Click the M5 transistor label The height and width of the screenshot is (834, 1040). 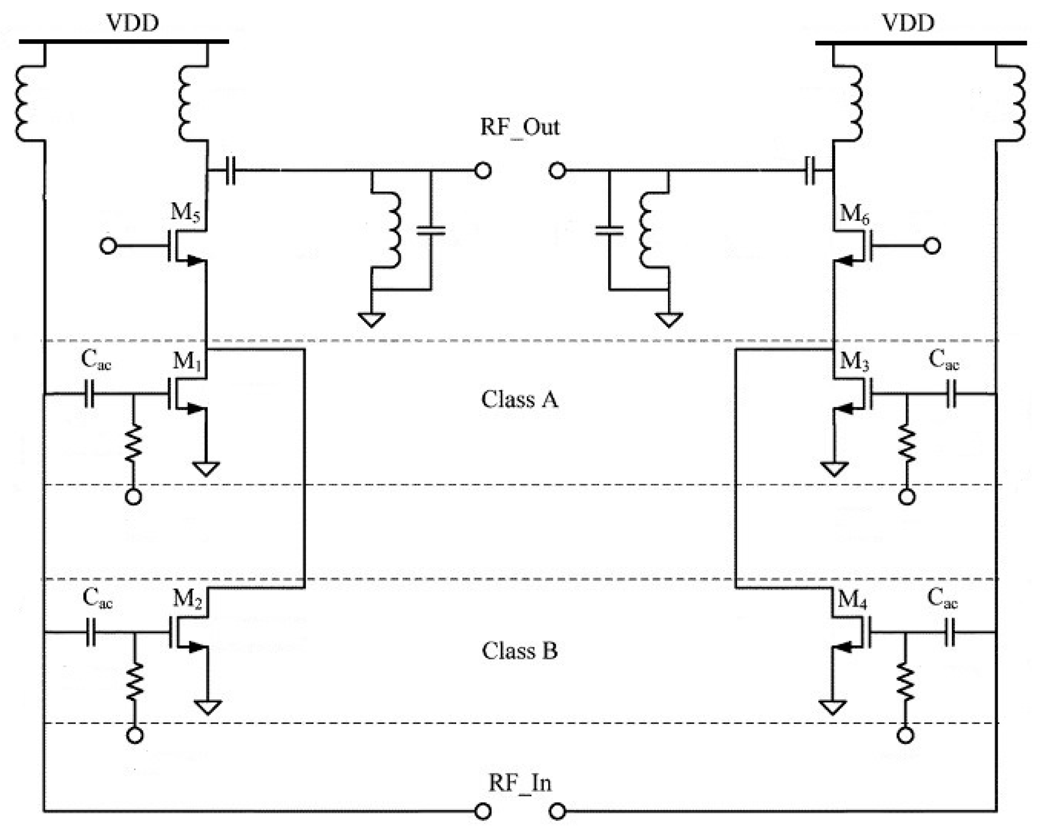click(185, 212)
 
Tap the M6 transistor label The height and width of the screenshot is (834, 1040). click(854, 213)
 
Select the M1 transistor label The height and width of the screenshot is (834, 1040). click(187, 361)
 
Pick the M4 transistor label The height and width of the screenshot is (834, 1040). click(852, 600)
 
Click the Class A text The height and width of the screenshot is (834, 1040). click(520, 400)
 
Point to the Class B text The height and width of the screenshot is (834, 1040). click(520, 651)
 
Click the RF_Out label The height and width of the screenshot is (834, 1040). click(520, 128)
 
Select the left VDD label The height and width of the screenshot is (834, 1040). click(132, 23)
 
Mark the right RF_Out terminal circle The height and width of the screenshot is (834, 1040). click(557, 170)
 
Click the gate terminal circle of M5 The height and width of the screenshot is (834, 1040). click(108, 246)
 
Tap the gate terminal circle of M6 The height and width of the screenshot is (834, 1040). click(932, 246)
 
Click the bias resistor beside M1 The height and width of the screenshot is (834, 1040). click(134, 443)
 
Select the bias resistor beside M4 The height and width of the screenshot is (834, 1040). click(905, 683)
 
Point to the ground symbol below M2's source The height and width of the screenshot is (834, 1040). click(208, 707)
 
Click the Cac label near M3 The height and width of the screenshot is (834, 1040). click(944, 360)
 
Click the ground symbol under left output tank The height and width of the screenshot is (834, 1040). click(372, 319)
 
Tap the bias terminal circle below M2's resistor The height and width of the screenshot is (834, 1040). click(134, 735)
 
